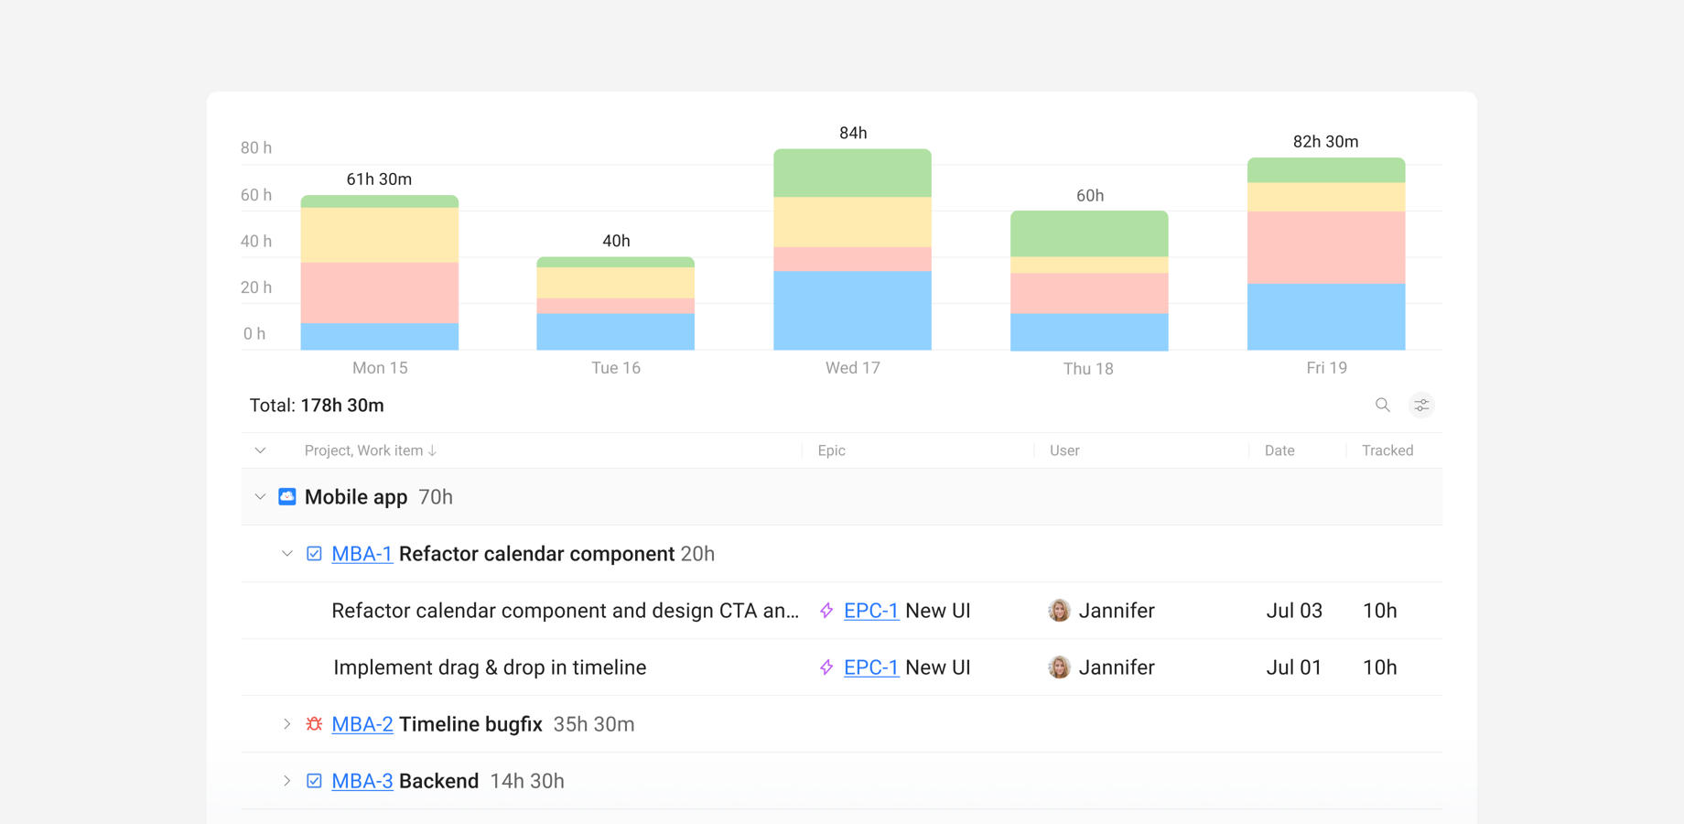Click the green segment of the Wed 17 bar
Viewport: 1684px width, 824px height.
(852, 173)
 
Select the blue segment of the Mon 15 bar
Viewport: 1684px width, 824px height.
(379, 336)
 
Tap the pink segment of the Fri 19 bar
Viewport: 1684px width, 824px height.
(1325, 247)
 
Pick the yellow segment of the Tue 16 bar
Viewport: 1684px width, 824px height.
(615, 282)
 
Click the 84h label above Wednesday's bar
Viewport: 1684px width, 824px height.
(853, 134)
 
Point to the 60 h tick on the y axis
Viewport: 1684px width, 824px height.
(256, 195)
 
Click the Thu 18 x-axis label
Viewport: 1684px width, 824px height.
(1088, 369)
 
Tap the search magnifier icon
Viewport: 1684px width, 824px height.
(1382, 405)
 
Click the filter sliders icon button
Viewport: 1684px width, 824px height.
(1421, 405)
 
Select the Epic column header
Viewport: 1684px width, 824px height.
(831, 450)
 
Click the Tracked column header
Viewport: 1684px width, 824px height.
(1387, 450)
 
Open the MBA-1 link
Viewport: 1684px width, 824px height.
(362, 554)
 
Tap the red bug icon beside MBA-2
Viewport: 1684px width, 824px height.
(314, 724)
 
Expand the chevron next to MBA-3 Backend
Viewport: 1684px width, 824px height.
(286, 781)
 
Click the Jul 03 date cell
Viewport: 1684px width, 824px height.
(1293, 611)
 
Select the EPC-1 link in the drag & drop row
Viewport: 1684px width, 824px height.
(870, 667)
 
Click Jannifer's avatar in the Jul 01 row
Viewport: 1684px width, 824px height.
(1059, 667)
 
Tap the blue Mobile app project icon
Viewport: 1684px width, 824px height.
(287, 496)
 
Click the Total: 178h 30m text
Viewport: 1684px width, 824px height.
(317, 406)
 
